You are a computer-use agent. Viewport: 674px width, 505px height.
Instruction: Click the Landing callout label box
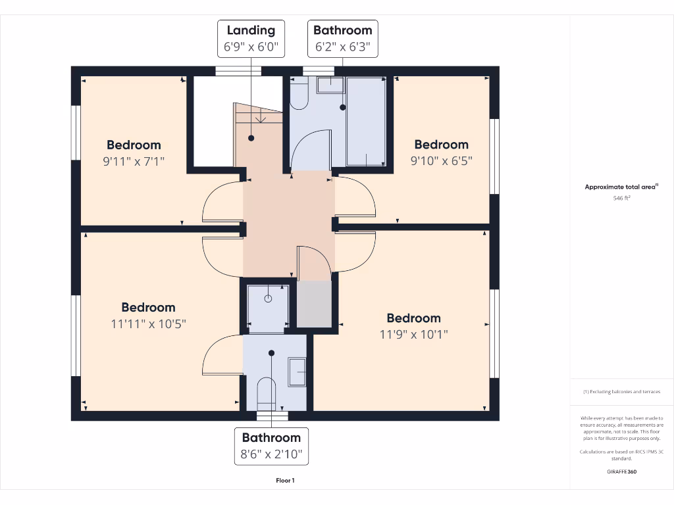click(x=251, y=37)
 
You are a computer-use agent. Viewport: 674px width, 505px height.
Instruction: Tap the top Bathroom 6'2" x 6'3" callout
click(x=342, y=37)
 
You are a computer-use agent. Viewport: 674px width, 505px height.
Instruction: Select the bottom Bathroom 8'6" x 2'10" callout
click(x=271, y=445)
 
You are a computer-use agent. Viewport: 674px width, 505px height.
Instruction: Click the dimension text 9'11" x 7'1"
click(x=134, y=160)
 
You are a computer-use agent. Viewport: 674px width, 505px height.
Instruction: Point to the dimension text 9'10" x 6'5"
click(x=441, y=160)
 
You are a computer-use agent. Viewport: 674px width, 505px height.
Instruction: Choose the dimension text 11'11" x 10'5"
click(x=148, y=323)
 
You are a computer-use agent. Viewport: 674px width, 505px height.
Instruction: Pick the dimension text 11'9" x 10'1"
click(x=413, y=334)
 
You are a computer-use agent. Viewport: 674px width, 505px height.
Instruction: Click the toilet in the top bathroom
click(x=299, y=94)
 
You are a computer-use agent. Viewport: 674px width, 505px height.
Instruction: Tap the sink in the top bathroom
click(x=329, y=85)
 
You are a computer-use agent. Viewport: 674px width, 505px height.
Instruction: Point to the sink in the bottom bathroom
click(x=298, y=372)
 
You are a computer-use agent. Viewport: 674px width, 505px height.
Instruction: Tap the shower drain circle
click(x=268, y=299)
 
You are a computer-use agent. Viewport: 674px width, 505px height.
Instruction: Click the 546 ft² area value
click(x=621, y=197)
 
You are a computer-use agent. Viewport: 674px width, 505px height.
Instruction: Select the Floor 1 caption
click(x=285, y=481)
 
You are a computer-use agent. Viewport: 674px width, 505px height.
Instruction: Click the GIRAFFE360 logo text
click(x=621, y=471)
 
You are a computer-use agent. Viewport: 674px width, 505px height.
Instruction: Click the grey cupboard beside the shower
click(x=315, y=303)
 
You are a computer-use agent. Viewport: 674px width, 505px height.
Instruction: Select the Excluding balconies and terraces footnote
click(x=621, y=392)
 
